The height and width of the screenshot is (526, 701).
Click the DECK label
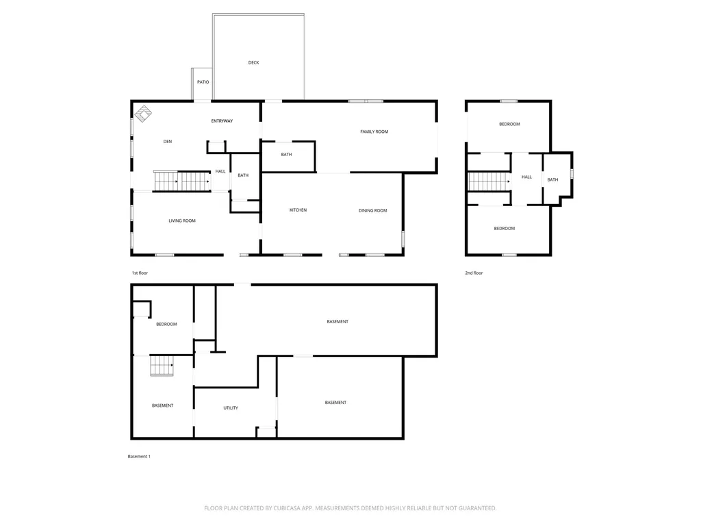(253, 62)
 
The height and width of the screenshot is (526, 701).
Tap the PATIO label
(203, 82)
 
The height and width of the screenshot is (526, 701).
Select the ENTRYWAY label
(222, 121)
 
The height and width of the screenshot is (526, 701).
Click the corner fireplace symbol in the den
(143, 113)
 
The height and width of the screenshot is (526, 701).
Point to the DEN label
(168, 142)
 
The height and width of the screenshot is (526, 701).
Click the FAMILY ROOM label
(374, 131)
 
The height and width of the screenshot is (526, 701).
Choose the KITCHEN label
(298, 210)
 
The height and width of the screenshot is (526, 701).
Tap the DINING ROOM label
(372, 210)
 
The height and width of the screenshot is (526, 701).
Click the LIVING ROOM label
(182, 221)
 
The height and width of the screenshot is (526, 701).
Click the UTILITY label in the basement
(231, 408)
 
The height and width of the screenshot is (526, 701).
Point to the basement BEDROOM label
(166, 324)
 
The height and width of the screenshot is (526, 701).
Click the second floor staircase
(489, 181)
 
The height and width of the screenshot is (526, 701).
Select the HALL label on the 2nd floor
(526, 177)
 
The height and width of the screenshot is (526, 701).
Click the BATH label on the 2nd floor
(552, 179)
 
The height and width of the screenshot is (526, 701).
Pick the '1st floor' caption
(140, 273)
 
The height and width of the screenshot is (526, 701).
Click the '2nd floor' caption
(474, 273)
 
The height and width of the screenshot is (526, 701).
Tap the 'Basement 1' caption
(139, 456)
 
